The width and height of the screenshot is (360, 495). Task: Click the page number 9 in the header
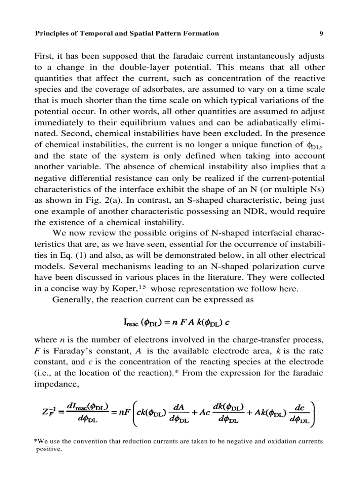(322, 33)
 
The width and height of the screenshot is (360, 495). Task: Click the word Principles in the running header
(52, 33)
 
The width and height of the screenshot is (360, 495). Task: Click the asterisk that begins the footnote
(35, 441)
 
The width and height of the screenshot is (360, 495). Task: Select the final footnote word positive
(49, 450)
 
